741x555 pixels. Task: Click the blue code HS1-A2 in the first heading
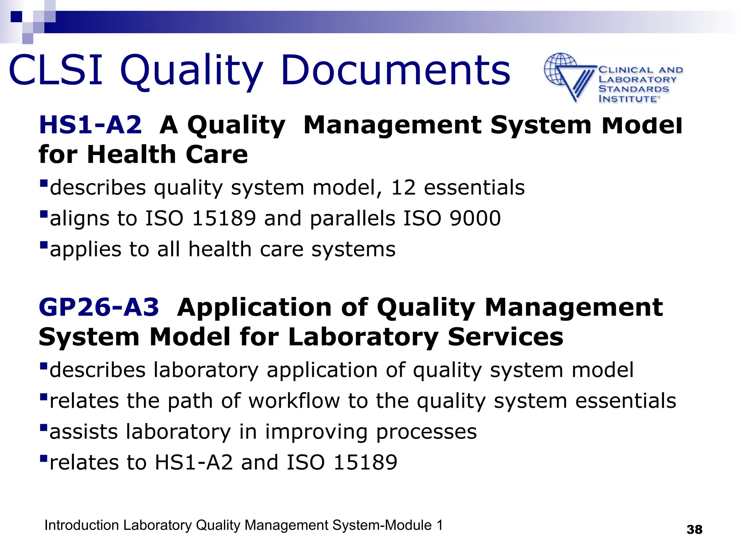(x=90, y=125)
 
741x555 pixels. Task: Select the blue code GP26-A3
(x=99, y=307)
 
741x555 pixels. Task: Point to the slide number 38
(x=694, y=529)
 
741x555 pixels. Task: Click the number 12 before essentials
(x=403, y=188)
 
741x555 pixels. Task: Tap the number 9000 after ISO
(x=475, y=218)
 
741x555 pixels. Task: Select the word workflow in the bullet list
(x=294, y=401)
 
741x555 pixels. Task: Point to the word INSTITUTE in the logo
(x=628, y=99)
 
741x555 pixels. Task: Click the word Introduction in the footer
(x=81, y=525)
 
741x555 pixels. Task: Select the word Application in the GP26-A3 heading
(x=254, y=307)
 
